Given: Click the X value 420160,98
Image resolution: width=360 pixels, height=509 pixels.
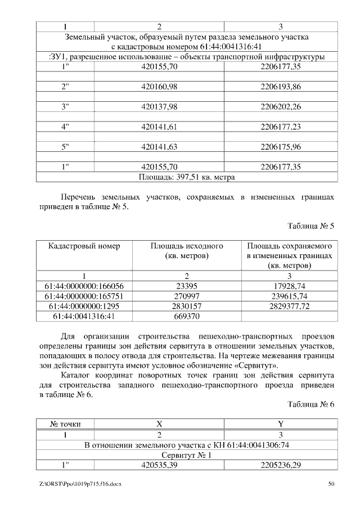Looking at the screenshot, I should pyautogui.click(x=160, y=87).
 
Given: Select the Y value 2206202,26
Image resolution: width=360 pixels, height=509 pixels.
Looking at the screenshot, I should pyautogui.click(x=281, y=107).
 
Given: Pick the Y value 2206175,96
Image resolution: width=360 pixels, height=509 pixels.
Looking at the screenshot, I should pyautogui.click(x=281, y=147).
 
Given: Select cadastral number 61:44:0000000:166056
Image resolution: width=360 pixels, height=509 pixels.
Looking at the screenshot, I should pyautogui.click(x=84, y=286).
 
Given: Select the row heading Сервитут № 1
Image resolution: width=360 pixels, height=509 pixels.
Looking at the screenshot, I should pyautogui.click(x=187, y=456).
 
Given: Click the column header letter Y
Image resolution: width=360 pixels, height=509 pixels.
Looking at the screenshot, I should pyautogui.click(x=281, y=424).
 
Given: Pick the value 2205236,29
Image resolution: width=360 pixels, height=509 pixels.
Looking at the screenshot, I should pyautogui.click(x=281, y=466).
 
